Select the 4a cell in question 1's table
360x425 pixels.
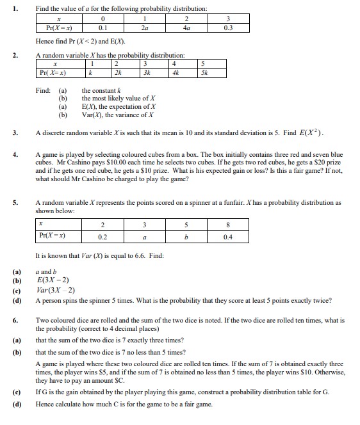pos(186,28)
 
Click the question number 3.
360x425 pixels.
pos(15,133)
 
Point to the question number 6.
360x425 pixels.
pos(15,319)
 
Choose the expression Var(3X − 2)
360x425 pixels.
pos(58,290)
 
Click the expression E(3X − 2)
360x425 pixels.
pos(54,280)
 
